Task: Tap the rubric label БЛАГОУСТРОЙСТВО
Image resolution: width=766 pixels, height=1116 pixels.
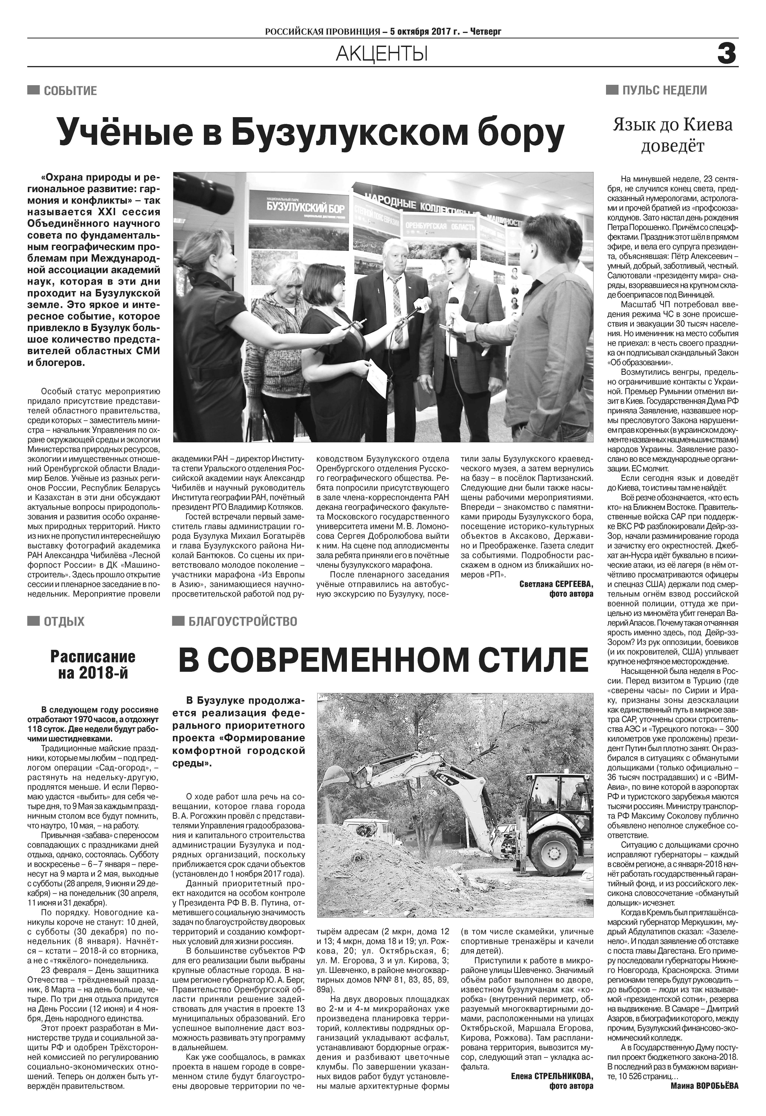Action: click(x=243, y=621)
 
